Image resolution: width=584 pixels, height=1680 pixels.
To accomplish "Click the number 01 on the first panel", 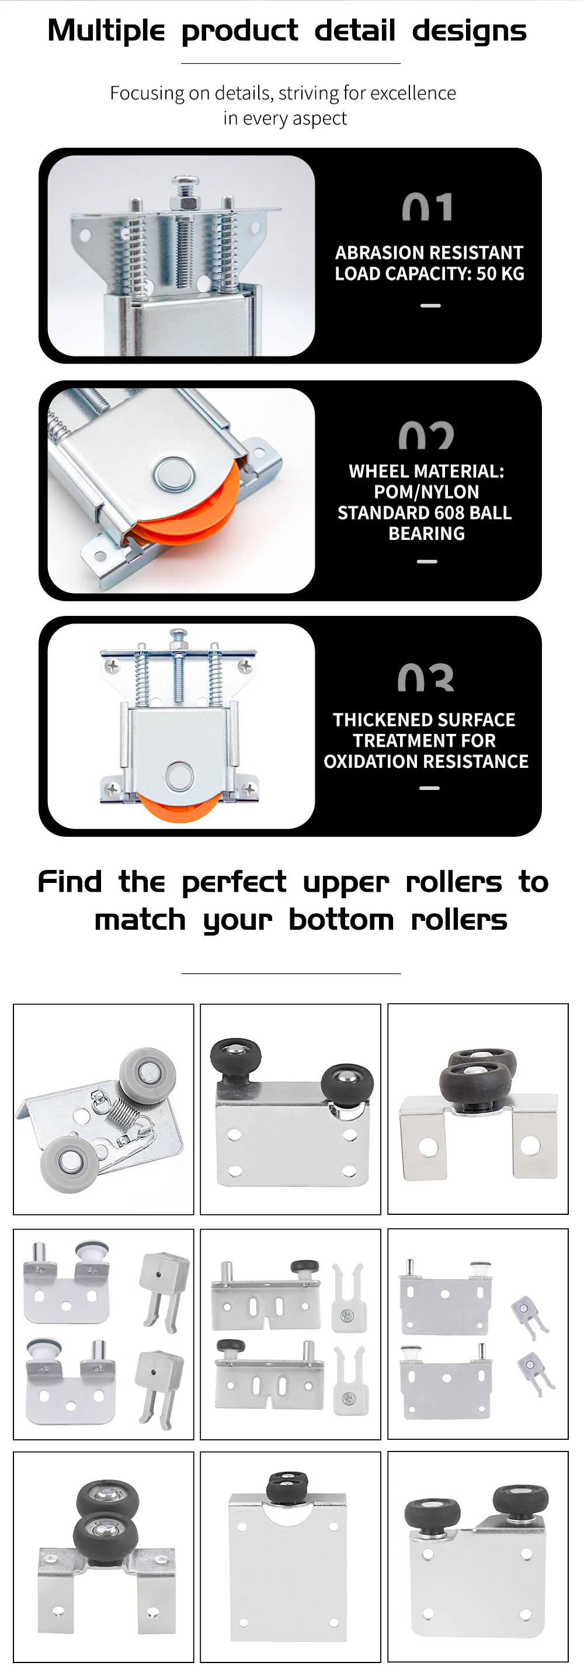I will (427, 207).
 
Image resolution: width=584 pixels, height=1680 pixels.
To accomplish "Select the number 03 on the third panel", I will (426, 678).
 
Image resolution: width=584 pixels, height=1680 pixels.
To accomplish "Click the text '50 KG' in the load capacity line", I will (500, 274).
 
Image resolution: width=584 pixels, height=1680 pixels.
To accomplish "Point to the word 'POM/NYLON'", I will (426, 492).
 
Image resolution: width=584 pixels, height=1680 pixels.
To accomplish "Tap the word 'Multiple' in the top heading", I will (106, 30).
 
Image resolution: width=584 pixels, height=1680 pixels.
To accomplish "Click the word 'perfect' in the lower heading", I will (234, 882).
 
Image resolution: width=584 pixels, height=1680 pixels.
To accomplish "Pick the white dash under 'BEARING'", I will (427, 561).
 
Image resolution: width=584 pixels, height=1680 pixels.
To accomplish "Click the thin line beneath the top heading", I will (291, 63).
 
